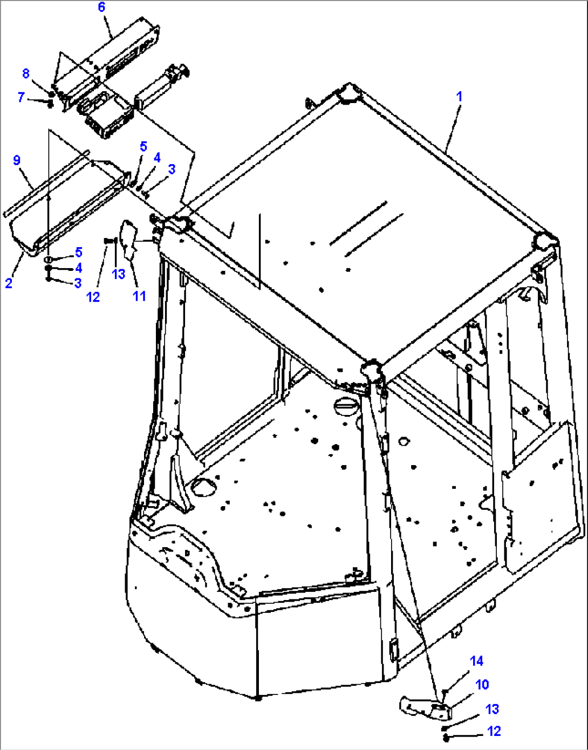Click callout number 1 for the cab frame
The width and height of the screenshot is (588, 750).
(459, 97)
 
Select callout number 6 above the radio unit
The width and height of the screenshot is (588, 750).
(101, 7)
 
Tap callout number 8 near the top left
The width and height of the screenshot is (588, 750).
(26, 73)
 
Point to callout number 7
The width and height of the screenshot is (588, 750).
(21, 97)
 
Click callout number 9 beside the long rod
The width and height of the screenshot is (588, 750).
(17, 160)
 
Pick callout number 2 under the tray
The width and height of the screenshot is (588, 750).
(9, 283)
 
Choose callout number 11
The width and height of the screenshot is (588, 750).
(139, 296)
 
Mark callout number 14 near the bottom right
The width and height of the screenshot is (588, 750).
(477, 661)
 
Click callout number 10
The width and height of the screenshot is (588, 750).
(482, 684)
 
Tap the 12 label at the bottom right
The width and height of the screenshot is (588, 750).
(494, 731)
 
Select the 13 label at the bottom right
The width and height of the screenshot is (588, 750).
(492, 710)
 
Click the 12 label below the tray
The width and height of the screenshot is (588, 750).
(93, 297)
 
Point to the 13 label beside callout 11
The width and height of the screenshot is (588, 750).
(118, 275)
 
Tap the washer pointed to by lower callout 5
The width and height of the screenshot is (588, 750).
(49, 259)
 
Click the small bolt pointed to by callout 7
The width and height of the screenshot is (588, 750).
(50, 103)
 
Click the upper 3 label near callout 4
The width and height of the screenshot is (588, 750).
(172, 169)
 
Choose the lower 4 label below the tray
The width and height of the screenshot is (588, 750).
(79, 268)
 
